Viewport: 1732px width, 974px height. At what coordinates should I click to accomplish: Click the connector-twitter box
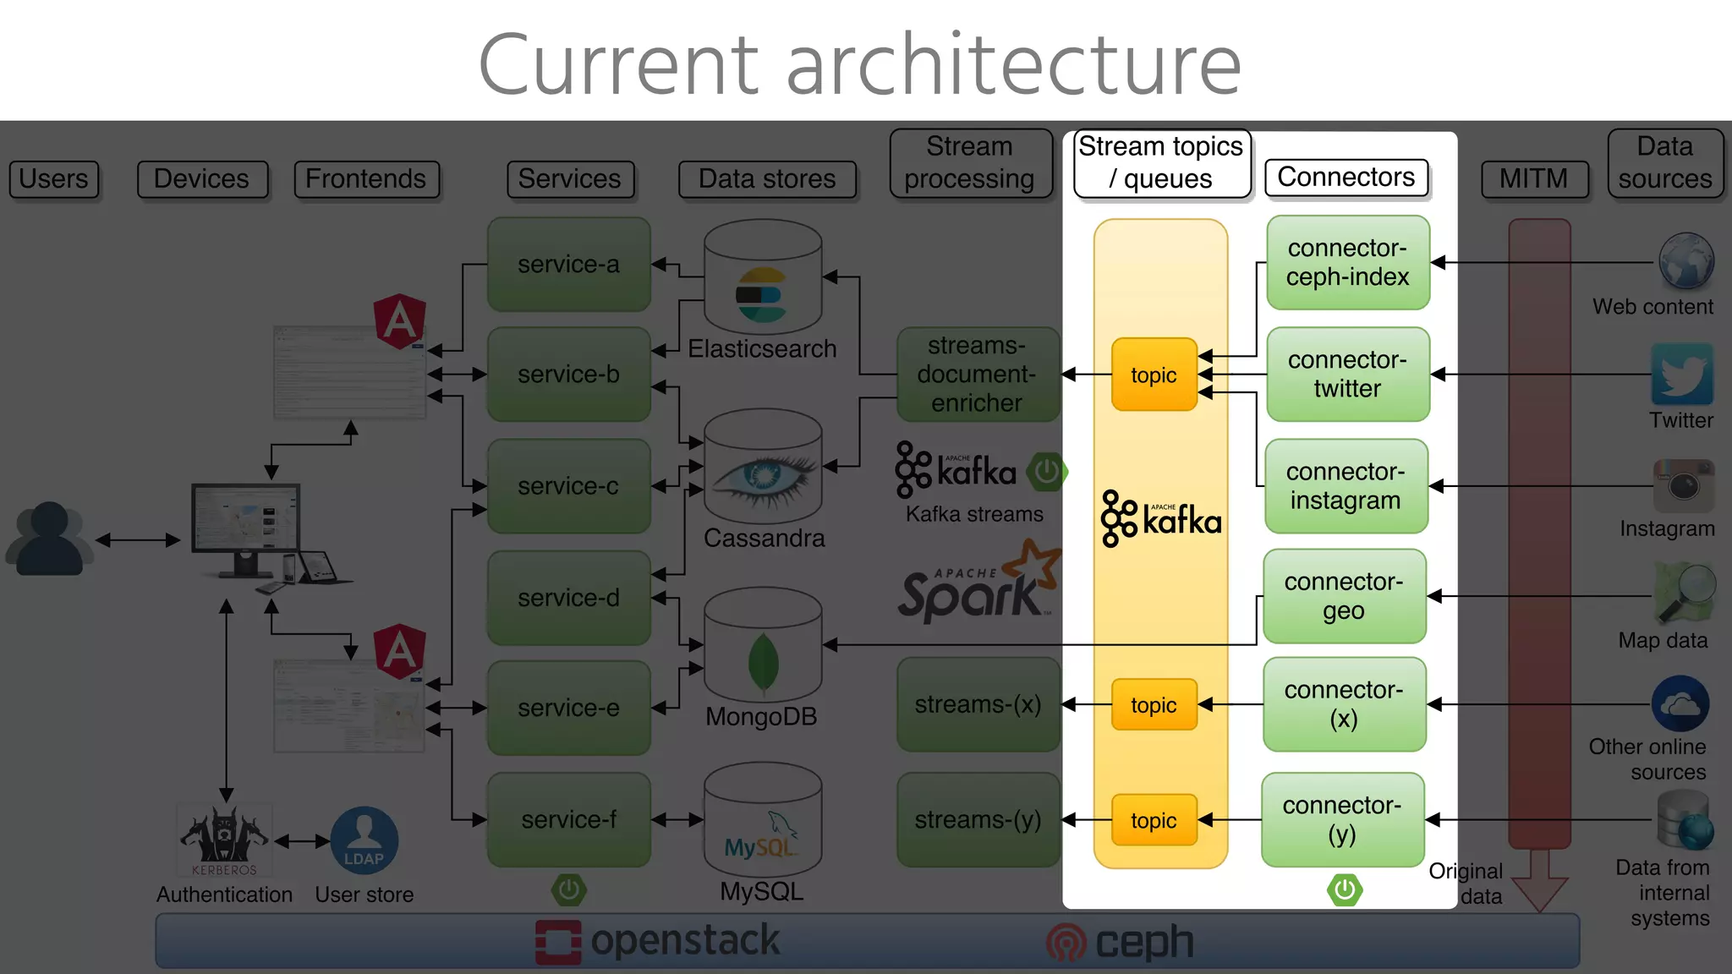(x=1347, y=375)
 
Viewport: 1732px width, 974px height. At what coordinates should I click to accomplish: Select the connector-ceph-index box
(x=1347, y=263)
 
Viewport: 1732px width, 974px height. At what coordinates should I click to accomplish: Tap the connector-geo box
(x=1344, y=596)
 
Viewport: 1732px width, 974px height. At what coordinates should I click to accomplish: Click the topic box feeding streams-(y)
(x=1154, y=820)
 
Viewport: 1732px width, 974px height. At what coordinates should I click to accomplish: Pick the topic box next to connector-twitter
(x=1154, y=375)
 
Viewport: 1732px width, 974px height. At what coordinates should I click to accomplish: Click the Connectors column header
(x=1346, y=178)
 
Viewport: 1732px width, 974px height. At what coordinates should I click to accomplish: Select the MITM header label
(x=1533, y=179)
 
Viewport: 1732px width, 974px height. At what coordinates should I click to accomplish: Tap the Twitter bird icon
(x=1681, y=375)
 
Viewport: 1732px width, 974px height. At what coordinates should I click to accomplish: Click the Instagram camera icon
(x=1683, y=485)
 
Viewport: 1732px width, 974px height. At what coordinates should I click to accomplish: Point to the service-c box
(x=568, y=486)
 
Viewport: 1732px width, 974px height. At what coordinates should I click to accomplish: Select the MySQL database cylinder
(x=762, y=820)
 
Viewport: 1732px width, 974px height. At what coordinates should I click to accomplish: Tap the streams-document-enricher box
(x=977, y=375)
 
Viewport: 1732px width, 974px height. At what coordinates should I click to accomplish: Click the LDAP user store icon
(x=364, y=840)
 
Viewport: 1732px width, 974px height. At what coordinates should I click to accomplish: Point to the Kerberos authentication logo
(x=224, y=839)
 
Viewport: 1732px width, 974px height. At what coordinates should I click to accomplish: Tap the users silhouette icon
(x=49, y=539)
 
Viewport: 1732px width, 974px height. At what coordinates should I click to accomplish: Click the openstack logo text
(x=685, y=941)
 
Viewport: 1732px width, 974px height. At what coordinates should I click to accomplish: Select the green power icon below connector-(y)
(x=1344, y=889)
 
